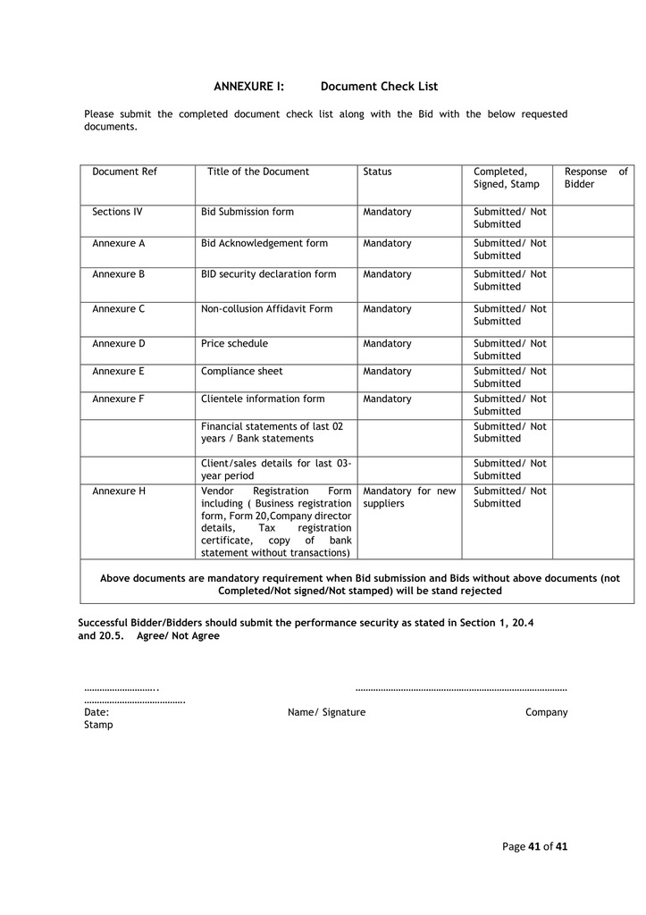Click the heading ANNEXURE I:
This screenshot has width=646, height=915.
pos(248,87)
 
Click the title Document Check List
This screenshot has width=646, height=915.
pos(379,87)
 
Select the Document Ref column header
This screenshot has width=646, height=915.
pos(124,172)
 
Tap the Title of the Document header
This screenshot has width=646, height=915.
pos(258,172)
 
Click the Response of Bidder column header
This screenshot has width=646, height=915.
pos(596,178)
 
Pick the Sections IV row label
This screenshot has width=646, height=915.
pos(117,212)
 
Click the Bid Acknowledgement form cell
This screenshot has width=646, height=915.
pos(264,243)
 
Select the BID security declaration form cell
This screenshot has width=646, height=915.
pos(268,274)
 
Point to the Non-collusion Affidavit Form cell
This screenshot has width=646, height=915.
pos(266,309)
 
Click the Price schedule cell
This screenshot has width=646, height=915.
pos(234,343)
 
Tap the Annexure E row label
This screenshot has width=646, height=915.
pos(118,371)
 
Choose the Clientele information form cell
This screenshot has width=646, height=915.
pos(263,399)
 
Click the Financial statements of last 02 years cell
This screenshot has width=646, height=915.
pos(272,432)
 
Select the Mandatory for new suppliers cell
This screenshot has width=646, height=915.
pos(409,497)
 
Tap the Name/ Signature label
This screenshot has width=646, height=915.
pos(326,712)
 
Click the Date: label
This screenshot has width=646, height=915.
pos(96,712)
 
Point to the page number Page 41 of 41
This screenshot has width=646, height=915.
pos(534,846)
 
